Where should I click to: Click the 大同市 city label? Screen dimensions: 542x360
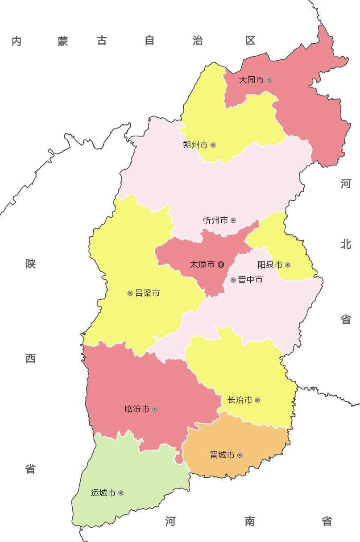[x=251, y=80]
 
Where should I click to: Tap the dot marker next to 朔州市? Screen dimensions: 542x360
[x=213, y=145]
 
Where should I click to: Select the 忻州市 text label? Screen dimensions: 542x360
[x=215, y=220]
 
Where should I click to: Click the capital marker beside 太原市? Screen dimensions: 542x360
[x=221, y=265]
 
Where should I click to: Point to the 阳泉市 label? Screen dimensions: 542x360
[x=270, y=265]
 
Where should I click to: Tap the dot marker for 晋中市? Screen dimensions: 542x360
[x=233, y=280]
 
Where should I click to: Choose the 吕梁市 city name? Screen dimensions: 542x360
[x=147, y=294]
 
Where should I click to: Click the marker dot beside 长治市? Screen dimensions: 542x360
[x=257, y=400]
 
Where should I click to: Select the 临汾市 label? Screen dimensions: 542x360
[x=137, y=409]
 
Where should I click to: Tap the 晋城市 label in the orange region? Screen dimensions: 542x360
[x=222, y=455]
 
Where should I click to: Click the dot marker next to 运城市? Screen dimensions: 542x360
[x=120, y=493]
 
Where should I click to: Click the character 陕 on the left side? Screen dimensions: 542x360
[x=30, y=264]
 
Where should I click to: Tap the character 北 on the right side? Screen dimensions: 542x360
[x=346, y=244]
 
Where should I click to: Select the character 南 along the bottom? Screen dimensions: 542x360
[x=250, y=521]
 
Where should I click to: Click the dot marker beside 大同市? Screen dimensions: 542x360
[x=269, y=80]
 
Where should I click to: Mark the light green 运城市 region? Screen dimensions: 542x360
[x=134, y=473]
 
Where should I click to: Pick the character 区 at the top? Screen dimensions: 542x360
[x=250, y=41]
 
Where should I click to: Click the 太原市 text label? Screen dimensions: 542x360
[x=202, y=265]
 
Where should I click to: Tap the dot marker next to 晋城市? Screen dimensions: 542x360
[x=240, y=455]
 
